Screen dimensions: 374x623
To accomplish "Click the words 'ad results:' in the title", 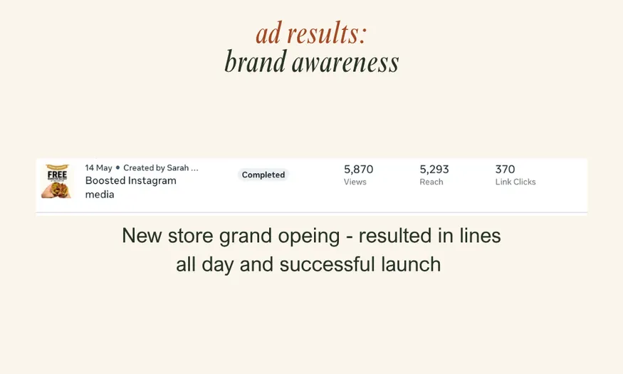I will coord(311,33).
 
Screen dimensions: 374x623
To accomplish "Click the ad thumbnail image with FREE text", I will coord(56,181).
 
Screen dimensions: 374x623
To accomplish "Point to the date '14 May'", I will coord(98,168).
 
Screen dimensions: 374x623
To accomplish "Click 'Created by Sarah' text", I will coord(157,168).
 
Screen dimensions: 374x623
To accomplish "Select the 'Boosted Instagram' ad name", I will coord(130,181).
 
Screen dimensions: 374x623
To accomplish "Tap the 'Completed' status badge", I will coord(263,175).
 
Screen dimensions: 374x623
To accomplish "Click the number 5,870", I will coord(358,170).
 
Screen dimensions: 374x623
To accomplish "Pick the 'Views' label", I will coord(355,182).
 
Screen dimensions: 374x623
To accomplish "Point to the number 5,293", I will coord(434,170).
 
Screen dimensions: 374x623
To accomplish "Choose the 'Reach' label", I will coord(431,182).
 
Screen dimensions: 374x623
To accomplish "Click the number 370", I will coord(505,170).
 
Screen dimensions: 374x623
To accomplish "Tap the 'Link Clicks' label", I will coord(515,182).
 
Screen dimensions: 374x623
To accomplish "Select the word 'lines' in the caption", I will coord(480,236).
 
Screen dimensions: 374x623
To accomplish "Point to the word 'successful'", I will coord(322,265).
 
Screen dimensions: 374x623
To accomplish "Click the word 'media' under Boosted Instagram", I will coord(100,194).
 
